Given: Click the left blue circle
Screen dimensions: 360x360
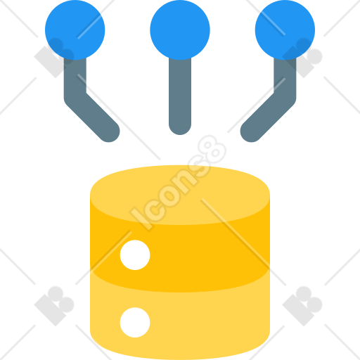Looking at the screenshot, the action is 75,30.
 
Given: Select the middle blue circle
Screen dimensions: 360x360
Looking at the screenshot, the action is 180,30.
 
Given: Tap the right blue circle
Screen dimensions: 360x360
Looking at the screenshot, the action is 285,30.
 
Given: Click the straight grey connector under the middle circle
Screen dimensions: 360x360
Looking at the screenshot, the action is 180,96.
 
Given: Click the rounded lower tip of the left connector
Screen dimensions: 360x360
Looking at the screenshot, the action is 109,131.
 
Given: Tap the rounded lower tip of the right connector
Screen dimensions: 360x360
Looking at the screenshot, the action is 251,131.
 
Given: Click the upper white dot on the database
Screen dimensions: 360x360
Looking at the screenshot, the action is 135,255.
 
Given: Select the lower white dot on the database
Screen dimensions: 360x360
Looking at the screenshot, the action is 135,323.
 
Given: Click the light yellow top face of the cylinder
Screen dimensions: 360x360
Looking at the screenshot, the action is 180,195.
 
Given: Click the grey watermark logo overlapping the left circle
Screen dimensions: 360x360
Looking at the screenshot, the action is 54,58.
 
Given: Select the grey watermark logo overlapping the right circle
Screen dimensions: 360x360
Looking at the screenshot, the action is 302,58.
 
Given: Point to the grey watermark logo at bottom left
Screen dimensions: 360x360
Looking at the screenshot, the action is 54,306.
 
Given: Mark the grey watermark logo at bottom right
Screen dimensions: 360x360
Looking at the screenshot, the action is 302,306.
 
